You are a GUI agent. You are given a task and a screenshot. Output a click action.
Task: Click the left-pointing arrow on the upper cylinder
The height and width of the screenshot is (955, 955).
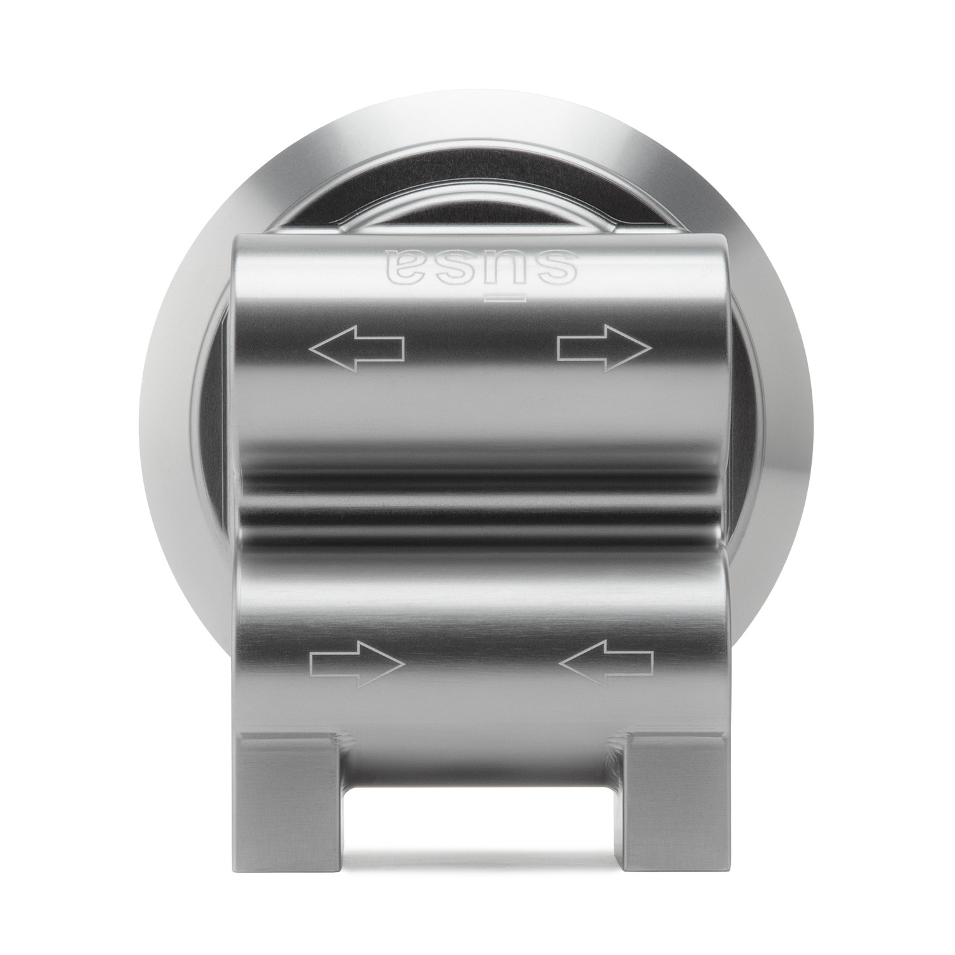[x=357, y=348]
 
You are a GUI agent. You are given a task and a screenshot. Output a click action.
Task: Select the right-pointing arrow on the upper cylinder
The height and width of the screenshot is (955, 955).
[x=605, y=348]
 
